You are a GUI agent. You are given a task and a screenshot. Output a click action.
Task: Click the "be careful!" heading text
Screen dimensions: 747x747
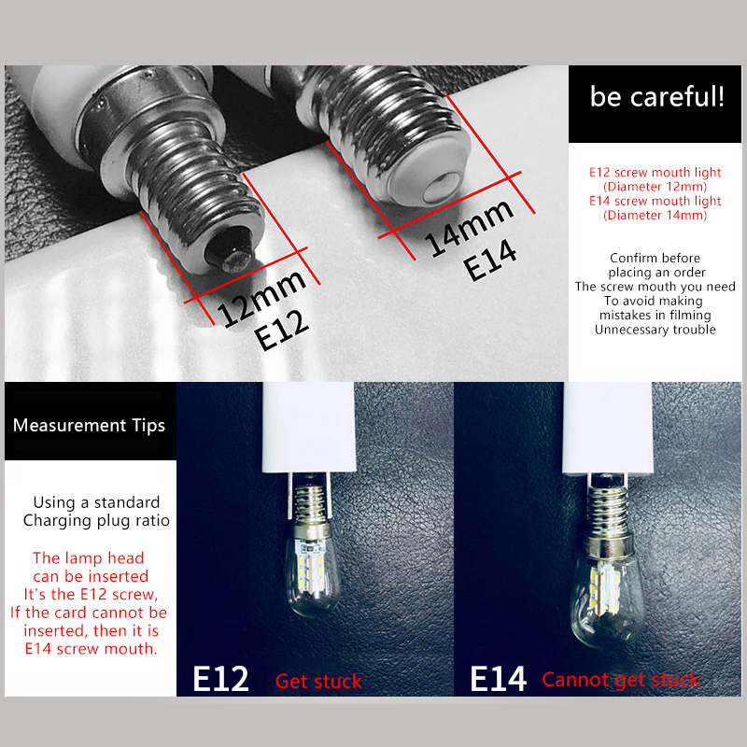657,97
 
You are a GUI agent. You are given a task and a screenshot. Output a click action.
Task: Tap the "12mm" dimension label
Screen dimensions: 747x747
261,299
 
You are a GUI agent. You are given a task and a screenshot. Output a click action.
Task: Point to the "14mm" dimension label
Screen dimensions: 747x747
469,228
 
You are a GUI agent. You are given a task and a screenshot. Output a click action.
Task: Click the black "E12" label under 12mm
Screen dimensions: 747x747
282,330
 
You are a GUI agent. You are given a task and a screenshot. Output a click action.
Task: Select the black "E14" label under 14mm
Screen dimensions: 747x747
490,261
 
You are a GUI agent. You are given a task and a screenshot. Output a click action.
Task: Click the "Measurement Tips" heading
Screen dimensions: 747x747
89,425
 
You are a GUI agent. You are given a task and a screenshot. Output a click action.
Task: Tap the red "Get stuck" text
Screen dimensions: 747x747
318,682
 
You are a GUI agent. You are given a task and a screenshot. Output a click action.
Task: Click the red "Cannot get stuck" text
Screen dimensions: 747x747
620,680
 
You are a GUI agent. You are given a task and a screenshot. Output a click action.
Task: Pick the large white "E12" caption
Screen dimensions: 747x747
220,679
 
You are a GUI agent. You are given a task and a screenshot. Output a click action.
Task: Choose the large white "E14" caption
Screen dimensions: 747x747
498,679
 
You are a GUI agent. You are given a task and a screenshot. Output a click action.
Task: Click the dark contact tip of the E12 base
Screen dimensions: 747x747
230,250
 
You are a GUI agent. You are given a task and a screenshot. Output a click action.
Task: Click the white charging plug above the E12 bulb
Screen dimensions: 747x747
309,427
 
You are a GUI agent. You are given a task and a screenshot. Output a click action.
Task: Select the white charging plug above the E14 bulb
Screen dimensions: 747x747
608,428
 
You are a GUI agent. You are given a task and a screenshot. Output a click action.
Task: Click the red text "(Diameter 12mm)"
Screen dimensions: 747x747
655,186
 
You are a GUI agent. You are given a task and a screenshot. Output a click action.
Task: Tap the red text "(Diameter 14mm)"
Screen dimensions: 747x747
655,215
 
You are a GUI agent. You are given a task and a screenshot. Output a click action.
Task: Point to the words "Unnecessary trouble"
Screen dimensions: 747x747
655,330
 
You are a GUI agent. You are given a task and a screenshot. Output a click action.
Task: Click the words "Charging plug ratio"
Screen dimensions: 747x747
96,521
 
